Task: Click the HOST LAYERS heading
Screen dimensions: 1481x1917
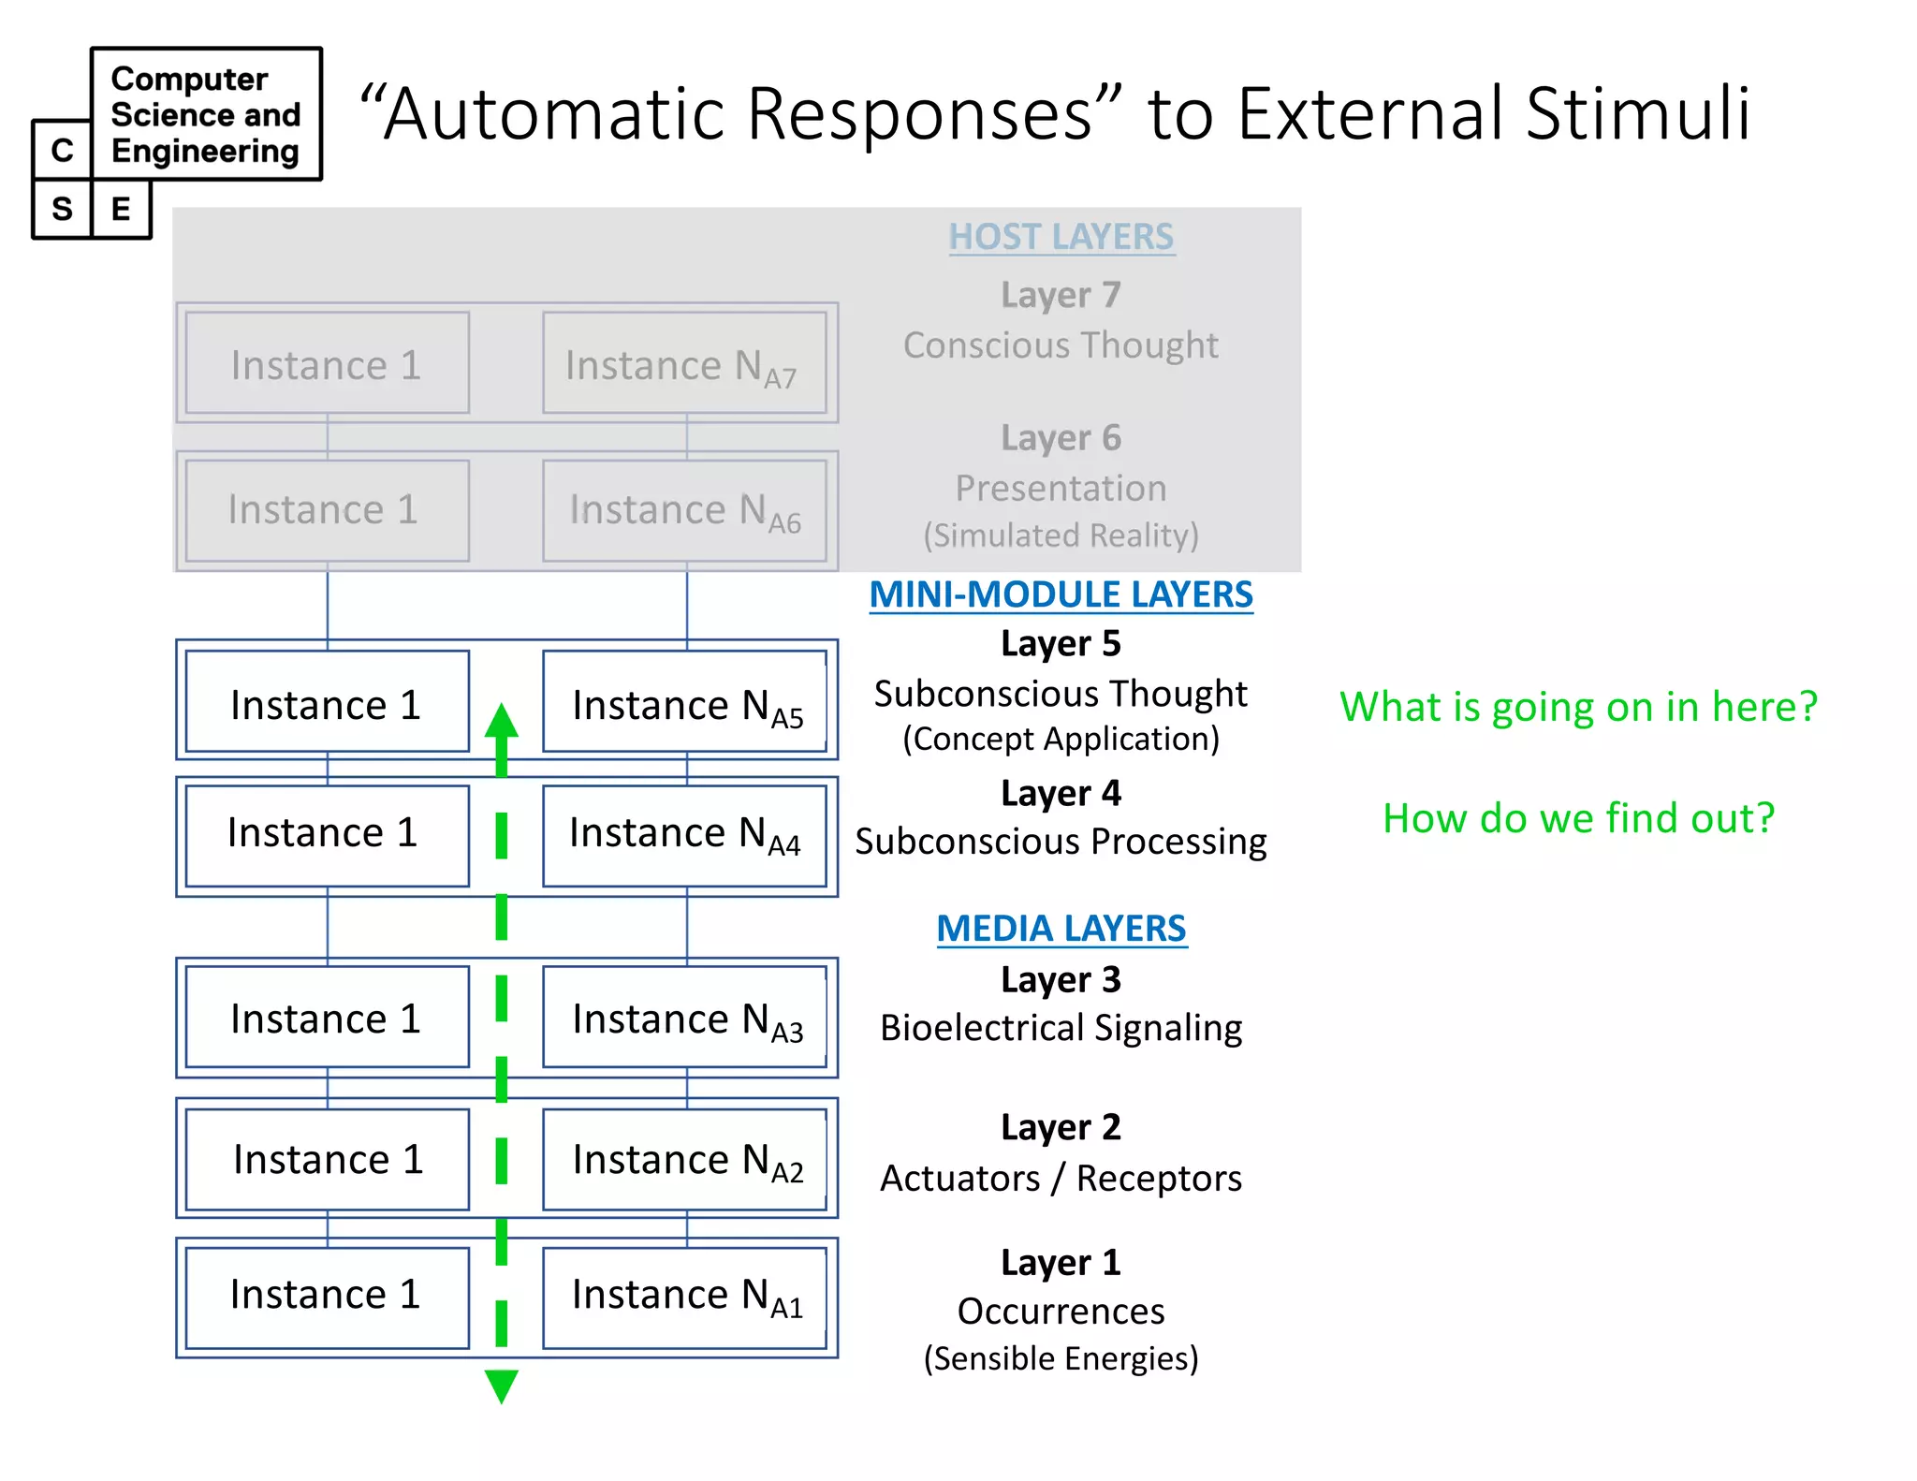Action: tap(1061, 237)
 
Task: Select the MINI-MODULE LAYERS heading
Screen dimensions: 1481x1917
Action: tap(1061, 594)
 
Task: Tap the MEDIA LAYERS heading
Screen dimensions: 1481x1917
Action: tap(1061, 929)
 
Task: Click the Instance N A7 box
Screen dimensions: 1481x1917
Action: tap(684, 363)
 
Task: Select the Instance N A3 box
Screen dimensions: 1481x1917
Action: tap(684, 1018)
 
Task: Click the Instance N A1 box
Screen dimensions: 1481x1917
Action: tap(684, 1297)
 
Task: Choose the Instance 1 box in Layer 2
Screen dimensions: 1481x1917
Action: tap(327, 1160)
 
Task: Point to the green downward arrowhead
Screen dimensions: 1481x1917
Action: tap(502, 1386)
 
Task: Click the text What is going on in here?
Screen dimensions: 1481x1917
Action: tap(1578, 707)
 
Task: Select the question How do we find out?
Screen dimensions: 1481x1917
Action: tap(1578, 818)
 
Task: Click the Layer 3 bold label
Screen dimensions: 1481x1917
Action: tap(1061, 979)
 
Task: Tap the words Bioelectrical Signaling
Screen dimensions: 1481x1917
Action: tap(1061, 1028)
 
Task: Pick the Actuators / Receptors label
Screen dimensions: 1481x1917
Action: tap(1061, 1178)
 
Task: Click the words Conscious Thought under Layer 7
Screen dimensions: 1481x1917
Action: tap(1061, 345)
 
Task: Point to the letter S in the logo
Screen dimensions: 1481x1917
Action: tap(62, 209)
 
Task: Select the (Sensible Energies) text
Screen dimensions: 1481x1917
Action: tap(1061, 1358)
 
